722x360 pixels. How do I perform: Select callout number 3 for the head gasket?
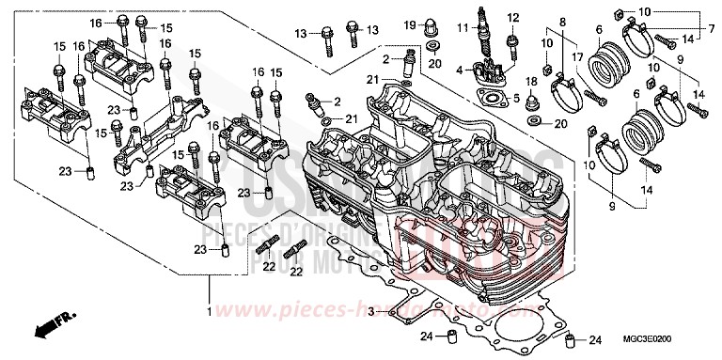coord(371,309)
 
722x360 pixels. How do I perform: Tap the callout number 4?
coord(459,70)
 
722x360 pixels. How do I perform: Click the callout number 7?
coord(713,30)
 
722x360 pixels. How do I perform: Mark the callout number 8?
coord(563,22)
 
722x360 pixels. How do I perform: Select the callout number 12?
coord(512,18)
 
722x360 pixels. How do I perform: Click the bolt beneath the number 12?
coord(511,42)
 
